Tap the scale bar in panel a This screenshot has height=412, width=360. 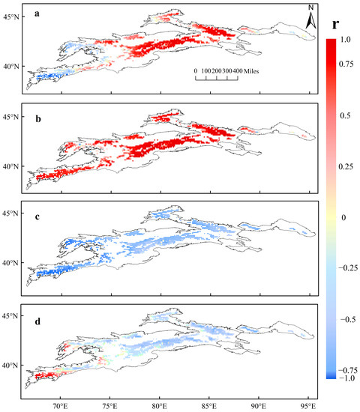[x=217, y=77]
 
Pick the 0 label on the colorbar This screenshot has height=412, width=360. [x=346, y=216]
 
